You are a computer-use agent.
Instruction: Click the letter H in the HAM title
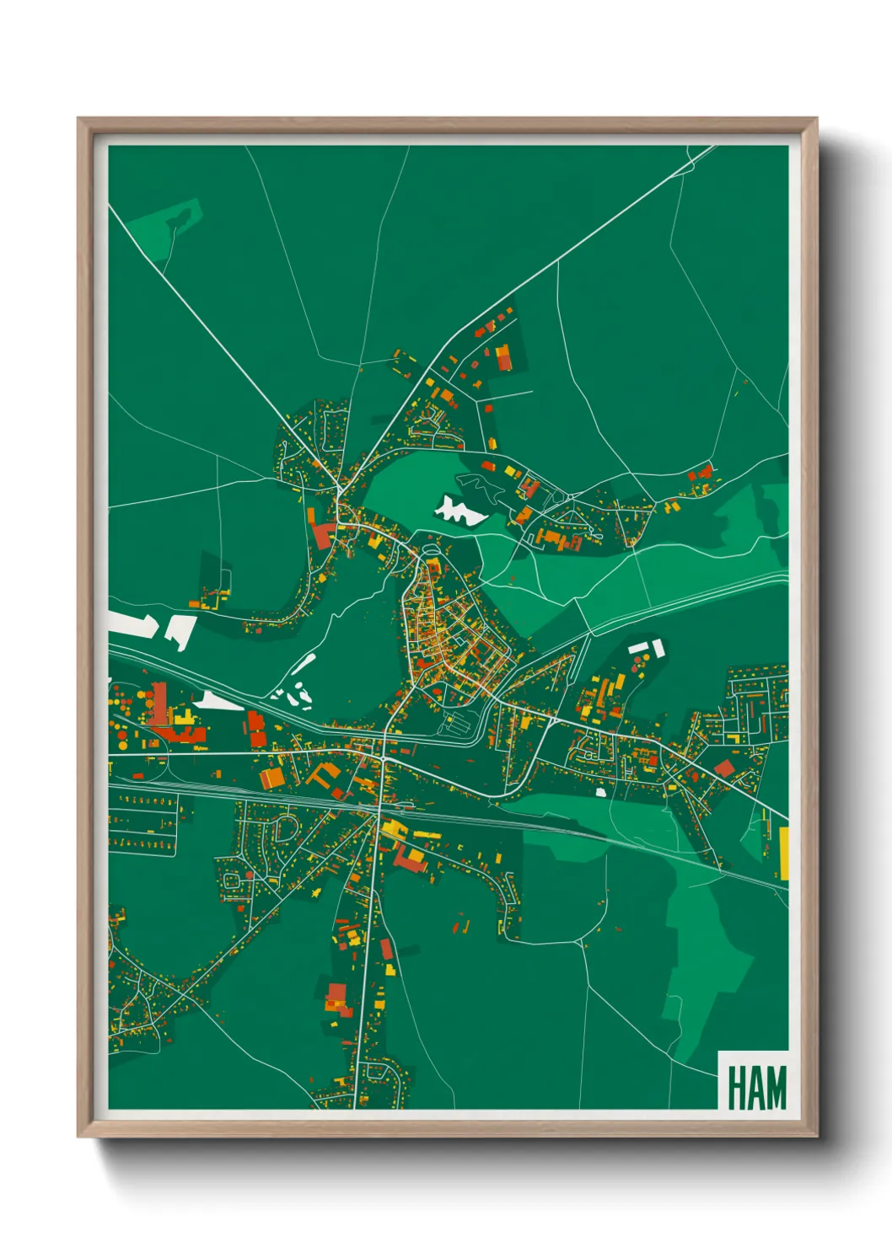point(735,1088)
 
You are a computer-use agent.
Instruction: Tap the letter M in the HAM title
point(774,1088)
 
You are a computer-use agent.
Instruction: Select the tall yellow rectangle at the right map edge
point(783,853)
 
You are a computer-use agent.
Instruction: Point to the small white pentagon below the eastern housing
point(600,792)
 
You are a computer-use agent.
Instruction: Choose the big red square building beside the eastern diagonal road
point(723,768)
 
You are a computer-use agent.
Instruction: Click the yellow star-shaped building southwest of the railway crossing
point(316,891)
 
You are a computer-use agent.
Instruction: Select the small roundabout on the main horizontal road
point(383,758)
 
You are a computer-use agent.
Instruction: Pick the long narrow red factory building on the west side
point(159,704)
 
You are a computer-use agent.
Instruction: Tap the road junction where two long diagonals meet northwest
point(338,488)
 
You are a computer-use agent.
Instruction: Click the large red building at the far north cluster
point(503,357)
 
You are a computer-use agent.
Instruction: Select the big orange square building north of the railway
point(271,777)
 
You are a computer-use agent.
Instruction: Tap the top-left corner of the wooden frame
point(79,120)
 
